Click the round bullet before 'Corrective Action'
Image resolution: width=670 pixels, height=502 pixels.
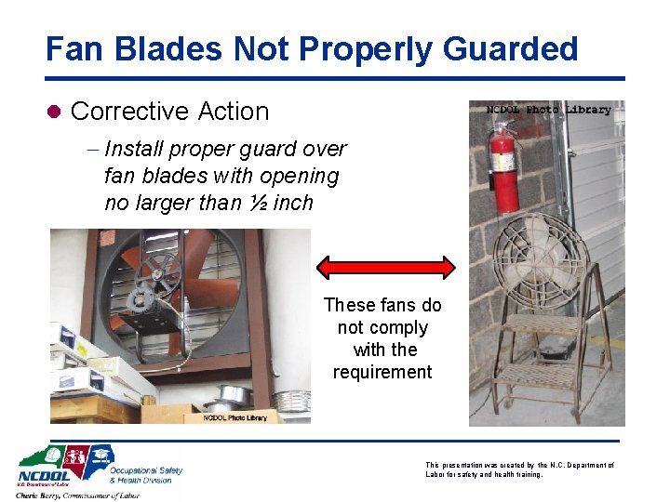[x=54, y=112]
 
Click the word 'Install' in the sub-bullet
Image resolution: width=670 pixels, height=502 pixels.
[x=135, y=149]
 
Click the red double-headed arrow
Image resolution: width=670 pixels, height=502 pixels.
[x=386, y=267]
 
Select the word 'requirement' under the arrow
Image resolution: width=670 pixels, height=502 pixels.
[x=382, y=372]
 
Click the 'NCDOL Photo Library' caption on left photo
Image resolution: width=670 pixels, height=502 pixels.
[x=234, y=417]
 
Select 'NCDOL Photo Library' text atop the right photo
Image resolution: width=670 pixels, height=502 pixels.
[x=549, y=110]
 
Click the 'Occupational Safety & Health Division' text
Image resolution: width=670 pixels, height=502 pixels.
[x=145, y=475]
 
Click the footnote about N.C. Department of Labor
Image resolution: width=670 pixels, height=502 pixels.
[x=519, y=469]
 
